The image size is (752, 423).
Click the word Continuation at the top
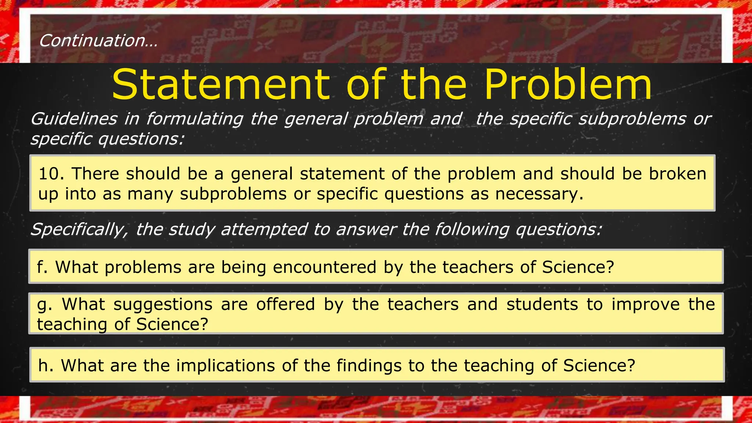coord(92,40)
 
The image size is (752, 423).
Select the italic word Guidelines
coord(74,119)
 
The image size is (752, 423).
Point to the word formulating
coord(195,119)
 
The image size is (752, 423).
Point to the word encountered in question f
coord(325,267)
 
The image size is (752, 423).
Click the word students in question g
coord(542,304)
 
